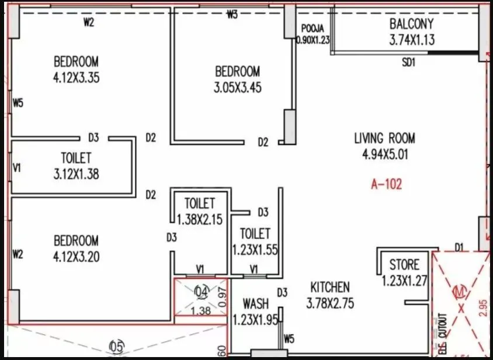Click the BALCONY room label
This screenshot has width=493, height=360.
tap(412, 25)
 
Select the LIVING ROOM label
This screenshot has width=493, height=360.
tap(384, 139)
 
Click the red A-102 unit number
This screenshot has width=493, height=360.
tap(387, 185)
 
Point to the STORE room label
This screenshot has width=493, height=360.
tap(404, 265)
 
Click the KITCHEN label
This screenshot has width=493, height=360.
tap(330, 287)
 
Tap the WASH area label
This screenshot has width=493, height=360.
tap(256, 304)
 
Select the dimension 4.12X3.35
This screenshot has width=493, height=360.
tap(77, 77)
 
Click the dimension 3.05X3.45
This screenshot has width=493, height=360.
tap(238, 88)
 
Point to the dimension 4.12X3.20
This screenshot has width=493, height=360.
tap(77, 256)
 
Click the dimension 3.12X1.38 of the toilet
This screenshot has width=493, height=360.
tap(76, 174)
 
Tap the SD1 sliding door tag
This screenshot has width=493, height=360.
tap(408, 63)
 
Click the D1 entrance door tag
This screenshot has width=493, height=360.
tap(459, 247)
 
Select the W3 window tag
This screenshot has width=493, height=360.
tap(232, 15)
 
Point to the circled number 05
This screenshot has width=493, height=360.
tap(117, 347)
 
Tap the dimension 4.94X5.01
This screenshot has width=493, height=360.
tap(384, 154)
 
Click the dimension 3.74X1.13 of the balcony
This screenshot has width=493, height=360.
tap(412, 40)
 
